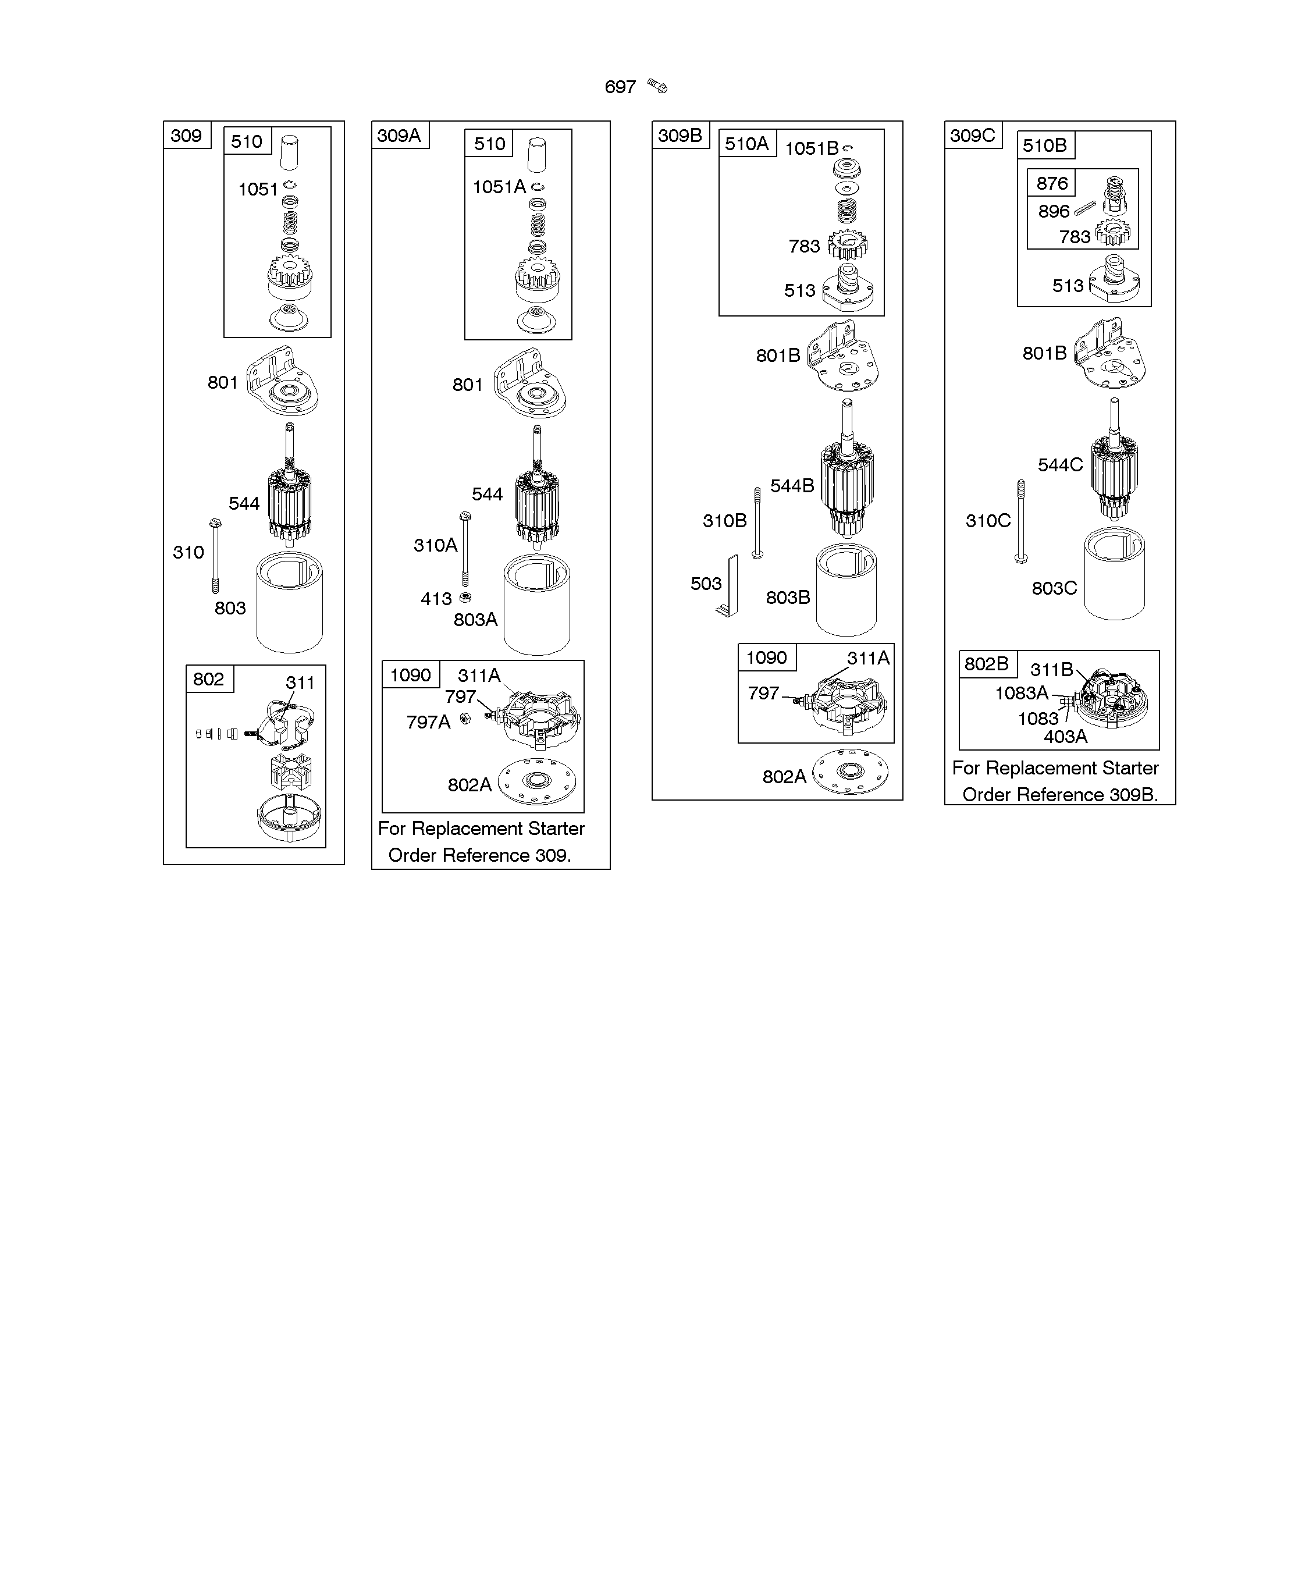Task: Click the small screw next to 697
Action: [x=657, y=86]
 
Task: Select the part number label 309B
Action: [x=680, y=136]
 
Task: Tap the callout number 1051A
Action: [x=499, y=187]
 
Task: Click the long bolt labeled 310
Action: [x=215, y=555]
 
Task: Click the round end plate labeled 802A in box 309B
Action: [x=850, y=772]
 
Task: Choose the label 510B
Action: [x=1044, y=145]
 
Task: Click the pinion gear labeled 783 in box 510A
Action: [x=848, y=244]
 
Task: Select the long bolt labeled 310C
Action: [x=1021, y=521]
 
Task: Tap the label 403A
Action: [x=1065, y=737]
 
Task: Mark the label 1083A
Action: [x=1022, y=693]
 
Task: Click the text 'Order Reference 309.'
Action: [x=479, y=855]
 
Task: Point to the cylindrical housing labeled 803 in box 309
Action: [x=290, y=602]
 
